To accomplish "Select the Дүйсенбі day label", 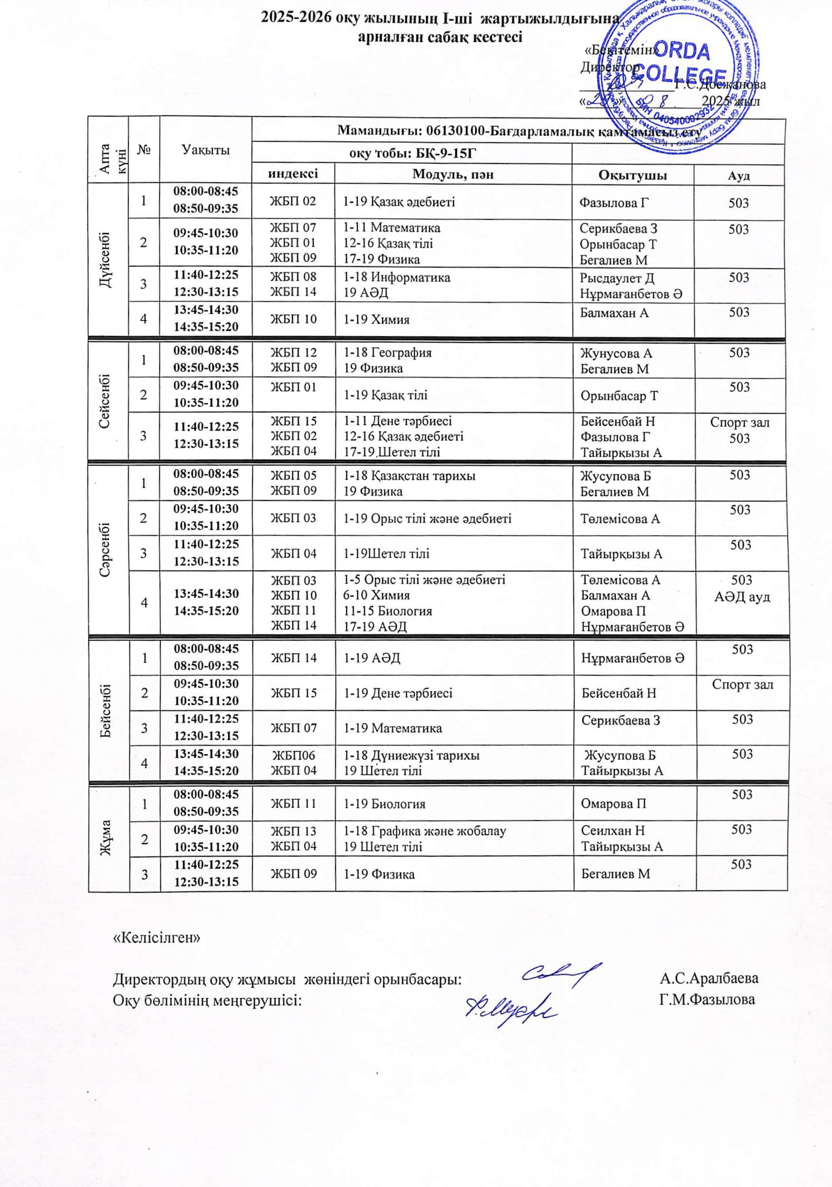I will pos(108,262).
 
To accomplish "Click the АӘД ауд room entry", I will pos(742,597).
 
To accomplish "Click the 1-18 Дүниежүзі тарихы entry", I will pos(412,755).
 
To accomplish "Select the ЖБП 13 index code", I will pos(293,831).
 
